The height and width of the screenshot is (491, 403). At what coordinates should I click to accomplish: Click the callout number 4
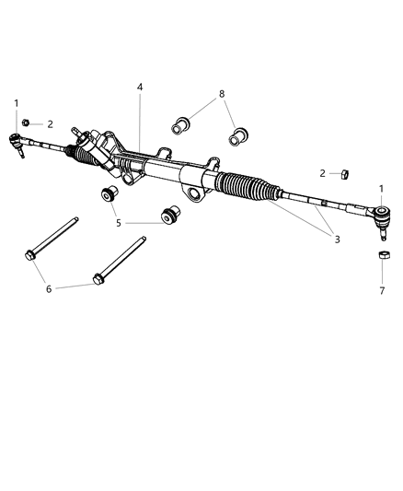140,88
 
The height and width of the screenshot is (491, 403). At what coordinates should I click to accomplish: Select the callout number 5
117,222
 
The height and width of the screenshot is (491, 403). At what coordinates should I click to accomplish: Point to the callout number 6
50,288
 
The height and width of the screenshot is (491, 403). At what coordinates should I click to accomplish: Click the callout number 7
381,290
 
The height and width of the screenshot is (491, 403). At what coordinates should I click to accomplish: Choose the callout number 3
337,240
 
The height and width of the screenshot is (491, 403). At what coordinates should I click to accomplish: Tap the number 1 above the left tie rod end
16,103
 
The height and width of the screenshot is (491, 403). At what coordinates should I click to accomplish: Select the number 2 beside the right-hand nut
322,172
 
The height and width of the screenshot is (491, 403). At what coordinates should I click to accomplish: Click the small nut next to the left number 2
29,123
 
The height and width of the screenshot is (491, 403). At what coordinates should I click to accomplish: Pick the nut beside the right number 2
340,172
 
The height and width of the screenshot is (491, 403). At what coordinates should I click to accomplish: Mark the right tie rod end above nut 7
379,220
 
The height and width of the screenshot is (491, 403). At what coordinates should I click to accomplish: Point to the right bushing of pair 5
168,213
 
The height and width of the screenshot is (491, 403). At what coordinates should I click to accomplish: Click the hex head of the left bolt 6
29,254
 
